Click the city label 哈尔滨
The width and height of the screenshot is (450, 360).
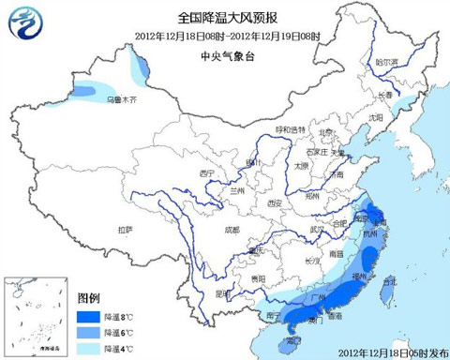(387, 63)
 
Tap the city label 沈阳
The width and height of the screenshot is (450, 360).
(377, 118)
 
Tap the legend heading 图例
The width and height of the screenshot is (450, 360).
(89, 299)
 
